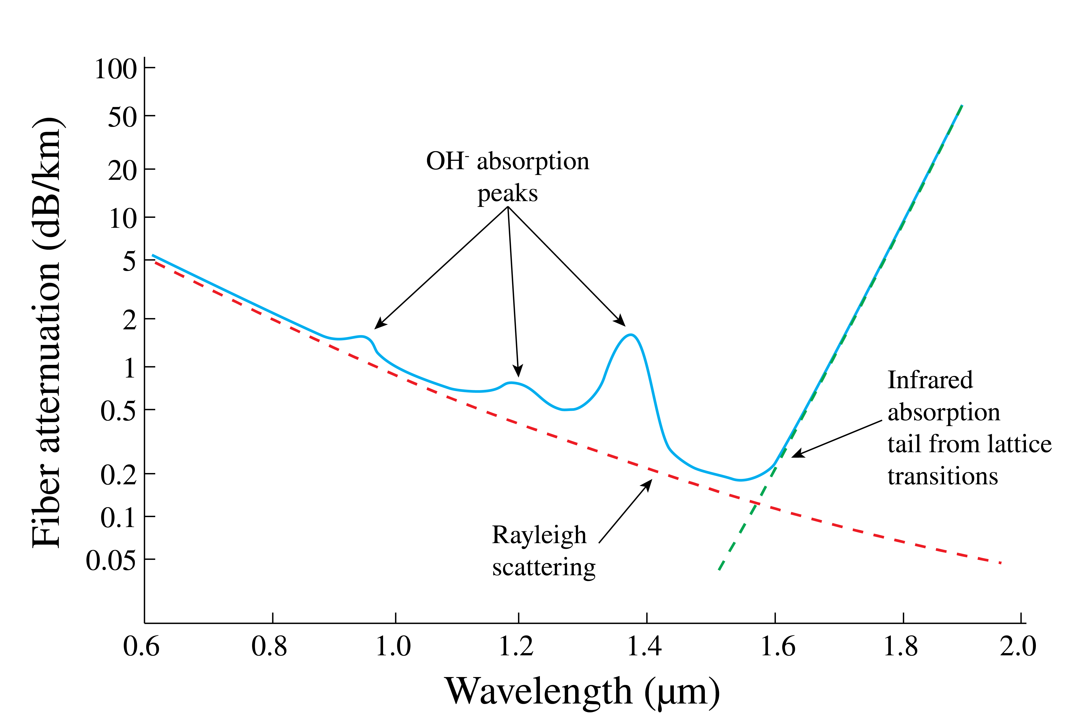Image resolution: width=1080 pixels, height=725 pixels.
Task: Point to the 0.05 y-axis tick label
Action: coord(111,561)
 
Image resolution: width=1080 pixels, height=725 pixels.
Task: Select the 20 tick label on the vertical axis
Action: coord(123,171)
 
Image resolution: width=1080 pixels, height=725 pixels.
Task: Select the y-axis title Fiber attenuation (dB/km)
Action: coord(46,333)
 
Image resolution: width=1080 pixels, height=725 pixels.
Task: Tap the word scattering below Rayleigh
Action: coord(544,567)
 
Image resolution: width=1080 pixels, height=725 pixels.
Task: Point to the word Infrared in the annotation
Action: coord(930,380)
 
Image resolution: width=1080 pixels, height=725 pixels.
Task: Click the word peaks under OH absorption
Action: coord(507,193)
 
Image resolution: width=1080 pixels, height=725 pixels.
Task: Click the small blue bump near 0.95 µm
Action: coord(363,337)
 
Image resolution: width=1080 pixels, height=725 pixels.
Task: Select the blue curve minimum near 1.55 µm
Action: coord(740,480)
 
